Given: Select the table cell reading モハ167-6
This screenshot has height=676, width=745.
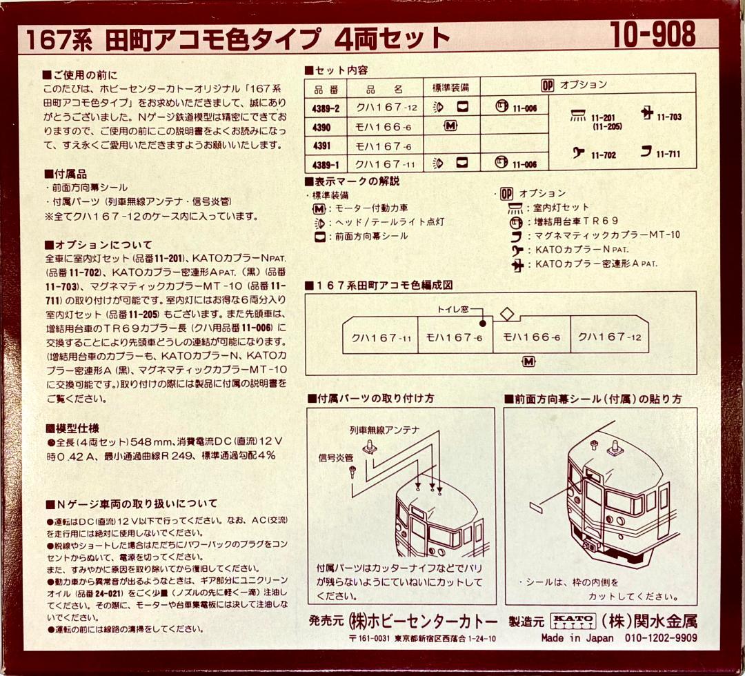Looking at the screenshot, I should pyautogui.click(x=384, y=146).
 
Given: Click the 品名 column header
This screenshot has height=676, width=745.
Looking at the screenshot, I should pyautogui.click(x=384, y=88).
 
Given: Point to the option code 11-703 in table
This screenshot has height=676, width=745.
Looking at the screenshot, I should pyautogui.click(x=668, y=117).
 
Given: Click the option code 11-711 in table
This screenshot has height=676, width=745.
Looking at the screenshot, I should pyautogui.click(x=668, y=154).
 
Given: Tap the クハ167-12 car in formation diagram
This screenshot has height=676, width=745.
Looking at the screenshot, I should pyautogui.click(x=609, y=337).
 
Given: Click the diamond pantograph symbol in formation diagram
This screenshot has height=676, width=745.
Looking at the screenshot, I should pyautogui.click(x=506, y=314).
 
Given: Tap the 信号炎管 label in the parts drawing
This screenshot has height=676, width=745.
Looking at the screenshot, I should pyautogui.click(x=335, y=457).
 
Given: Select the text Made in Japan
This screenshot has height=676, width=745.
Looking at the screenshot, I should pyautogui.click(x=577, y=639).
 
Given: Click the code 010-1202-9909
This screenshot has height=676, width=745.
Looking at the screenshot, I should pyautogui.click(x=662, y=639).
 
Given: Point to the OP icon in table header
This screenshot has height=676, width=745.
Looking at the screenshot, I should pyautogui.click(x=548, y=85).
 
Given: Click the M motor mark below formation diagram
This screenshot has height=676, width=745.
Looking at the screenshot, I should pyautogui.click(x=528, y=362).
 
